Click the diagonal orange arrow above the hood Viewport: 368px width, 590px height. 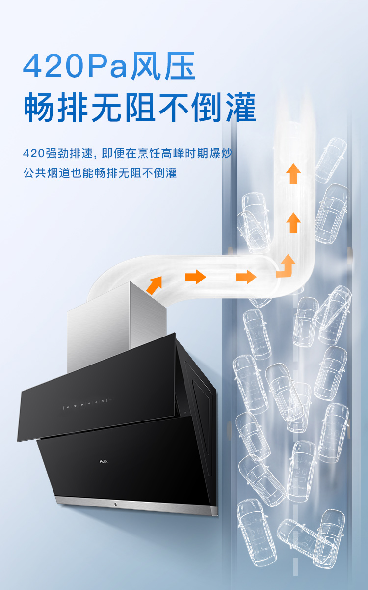tap(154, 285)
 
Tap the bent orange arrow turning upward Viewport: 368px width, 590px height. tap(286, 267)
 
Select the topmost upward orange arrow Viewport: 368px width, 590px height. tap(293, 174)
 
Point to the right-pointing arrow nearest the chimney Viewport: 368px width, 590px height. tap(195, 277)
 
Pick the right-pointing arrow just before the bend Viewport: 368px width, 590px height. tap(246, 277)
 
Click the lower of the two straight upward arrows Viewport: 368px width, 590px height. tap(293, 223)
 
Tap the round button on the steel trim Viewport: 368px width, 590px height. tap(114, 505)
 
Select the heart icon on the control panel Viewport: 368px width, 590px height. tap(96, 403)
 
